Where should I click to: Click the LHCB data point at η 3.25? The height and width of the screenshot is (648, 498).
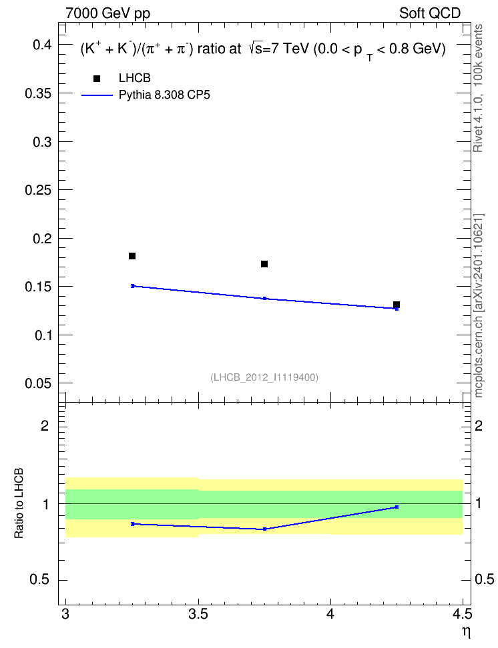click(x=132, y=256)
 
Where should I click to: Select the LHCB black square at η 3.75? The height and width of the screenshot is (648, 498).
click(x=264, y=264)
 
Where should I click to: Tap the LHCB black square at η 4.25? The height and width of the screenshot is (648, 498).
click(x=397, y=305)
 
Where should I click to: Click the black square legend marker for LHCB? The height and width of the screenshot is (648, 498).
click(x=97, y=79)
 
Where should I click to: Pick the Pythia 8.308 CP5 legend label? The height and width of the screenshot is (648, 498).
click(x=164, y=95)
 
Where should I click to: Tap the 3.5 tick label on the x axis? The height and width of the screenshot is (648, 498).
click(x=198, y=615)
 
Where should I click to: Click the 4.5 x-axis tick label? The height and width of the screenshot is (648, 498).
click(x=463, y=615)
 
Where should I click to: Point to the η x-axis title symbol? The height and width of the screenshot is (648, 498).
click(x=466, y=632)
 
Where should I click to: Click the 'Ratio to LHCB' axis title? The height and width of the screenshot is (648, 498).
click(x=19, y=503)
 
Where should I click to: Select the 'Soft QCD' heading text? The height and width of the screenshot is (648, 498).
click(x=430, y=13)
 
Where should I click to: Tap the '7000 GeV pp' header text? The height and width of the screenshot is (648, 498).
click(x=107, y=13)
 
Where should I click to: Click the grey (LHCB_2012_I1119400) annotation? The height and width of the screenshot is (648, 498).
click(x=264, y=377)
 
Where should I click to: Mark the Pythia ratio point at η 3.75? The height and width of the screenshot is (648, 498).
click(x=264, y=529)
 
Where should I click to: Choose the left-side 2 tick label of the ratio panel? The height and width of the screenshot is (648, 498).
click(x=45, y=425)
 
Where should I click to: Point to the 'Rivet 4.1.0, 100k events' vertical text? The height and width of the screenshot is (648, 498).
click(x=478, y=88)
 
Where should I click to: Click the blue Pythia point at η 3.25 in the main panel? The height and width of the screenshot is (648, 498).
click(x=133, y=286)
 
